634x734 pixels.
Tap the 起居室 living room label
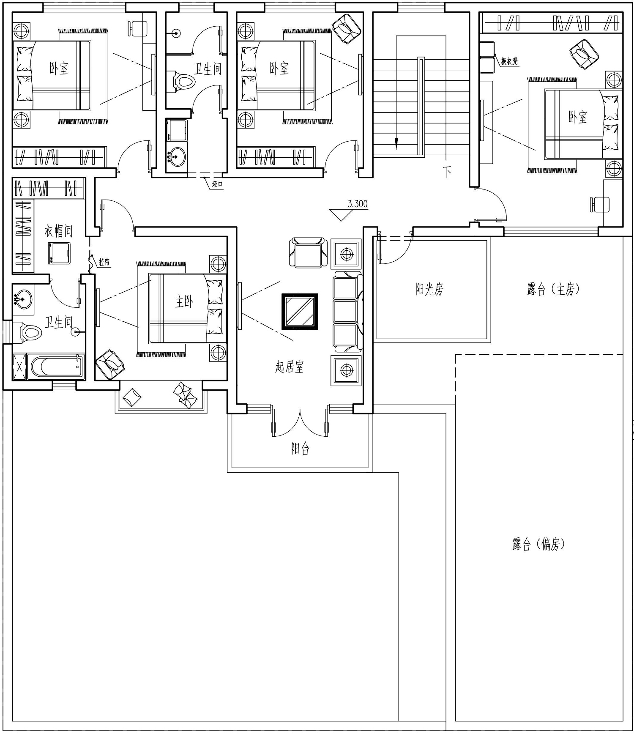[x=290, y=367]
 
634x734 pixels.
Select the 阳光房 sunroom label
[x=429, y=289]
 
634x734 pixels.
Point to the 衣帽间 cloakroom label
[x=58, y=231]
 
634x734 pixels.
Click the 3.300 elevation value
[x=358, y=204]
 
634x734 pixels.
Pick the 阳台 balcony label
[x=300, y=448]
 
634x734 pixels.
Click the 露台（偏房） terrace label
[x=538, y=544]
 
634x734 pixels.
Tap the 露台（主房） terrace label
[x=553, y=289]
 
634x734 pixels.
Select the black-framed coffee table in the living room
[x=300, y=312]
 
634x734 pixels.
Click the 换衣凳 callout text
[x=510, y=61]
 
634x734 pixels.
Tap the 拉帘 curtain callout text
[x=104, y=263]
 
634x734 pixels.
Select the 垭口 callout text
[x=217, y=184]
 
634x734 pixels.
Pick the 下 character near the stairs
[x=447, y=172]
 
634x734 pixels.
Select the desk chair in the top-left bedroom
[x=137, y=28]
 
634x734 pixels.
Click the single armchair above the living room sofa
[x=308, y=253]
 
